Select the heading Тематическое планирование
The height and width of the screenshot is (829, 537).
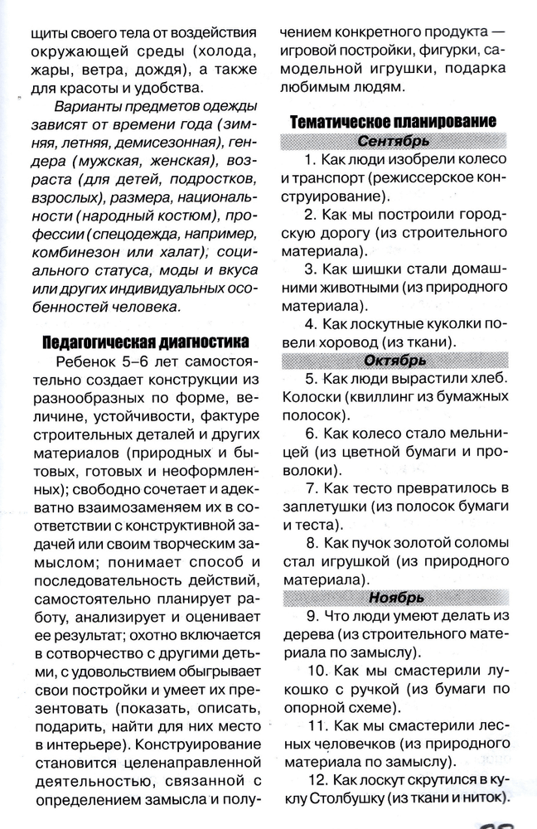tap(393, 121)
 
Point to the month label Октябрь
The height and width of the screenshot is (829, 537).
tap(394, 360)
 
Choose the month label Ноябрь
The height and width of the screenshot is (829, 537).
tap(394, 598)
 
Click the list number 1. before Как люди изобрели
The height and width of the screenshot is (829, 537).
tap(310, 158)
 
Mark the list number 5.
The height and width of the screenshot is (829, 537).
tap(311, 379)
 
